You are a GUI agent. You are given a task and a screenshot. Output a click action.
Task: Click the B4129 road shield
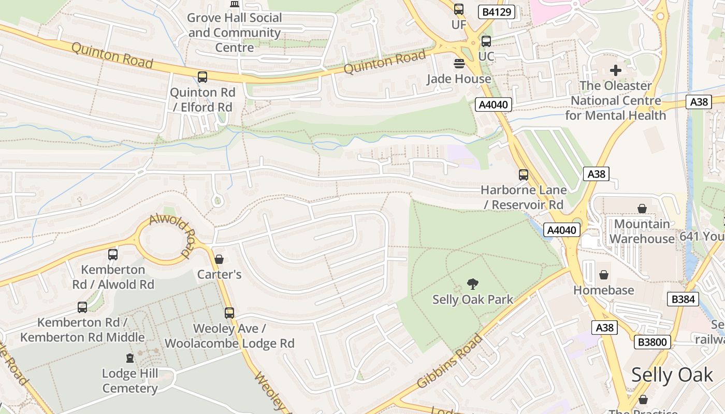click(x=496, y=12)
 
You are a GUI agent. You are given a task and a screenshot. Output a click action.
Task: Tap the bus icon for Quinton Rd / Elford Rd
click(x=202, y=77)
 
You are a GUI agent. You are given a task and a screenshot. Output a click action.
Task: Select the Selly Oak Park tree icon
click(x=472, y=284)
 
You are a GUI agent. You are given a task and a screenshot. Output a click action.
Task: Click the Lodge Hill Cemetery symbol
click(x=130, y=358)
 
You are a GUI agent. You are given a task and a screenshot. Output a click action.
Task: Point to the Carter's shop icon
click(x=219, y=259)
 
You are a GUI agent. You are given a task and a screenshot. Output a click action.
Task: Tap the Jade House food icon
click(x=459, y=64)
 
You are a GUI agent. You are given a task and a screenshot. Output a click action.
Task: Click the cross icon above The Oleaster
click(x=615, y=70)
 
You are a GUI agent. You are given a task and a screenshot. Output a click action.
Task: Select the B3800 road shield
click(x=653, y=342)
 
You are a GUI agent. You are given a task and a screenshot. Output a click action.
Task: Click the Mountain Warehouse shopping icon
click(x=642, y=209)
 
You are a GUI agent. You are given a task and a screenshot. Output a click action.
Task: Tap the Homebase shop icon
click(x=603, y=274)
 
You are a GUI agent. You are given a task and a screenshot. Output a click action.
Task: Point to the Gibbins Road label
click(x=450, y=361)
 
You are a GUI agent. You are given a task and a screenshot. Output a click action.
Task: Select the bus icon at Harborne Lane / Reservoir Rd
click(x=524, y=175)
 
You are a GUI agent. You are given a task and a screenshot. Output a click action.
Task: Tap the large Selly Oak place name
click(x=672, y=375)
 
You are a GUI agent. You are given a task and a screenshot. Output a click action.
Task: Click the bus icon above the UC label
click(x=486, y=41)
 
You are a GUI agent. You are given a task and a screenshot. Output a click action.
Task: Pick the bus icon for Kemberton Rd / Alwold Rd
click(x=113, y=254)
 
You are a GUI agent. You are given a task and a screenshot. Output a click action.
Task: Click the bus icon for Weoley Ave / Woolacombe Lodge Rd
click(x=229, y=313)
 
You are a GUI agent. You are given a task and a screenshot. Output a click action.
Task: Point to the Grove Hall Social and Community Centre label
click(x=235, y=33)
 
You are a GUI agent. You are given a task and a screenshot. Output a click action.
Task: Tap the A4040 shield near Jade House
click(x=494, y=105)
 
